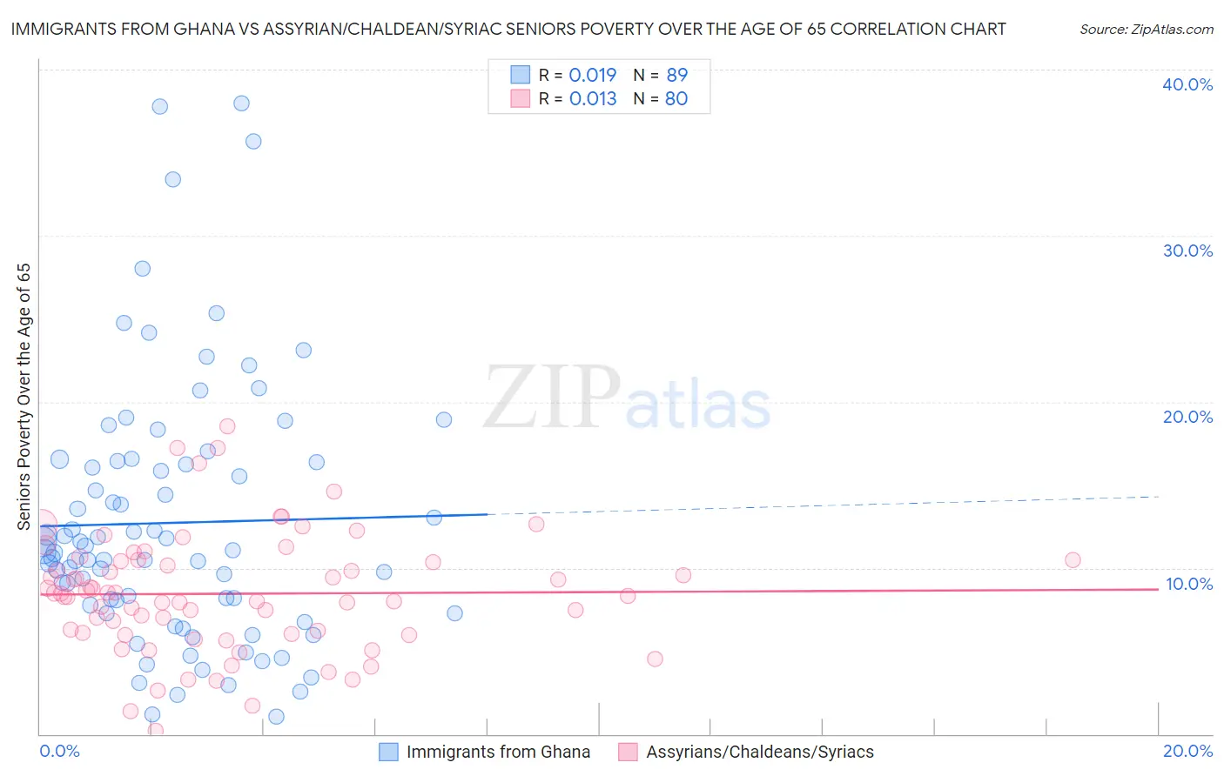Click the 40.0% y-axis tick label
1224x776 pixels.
1187,84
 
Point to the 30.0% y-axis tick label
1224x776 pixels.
1187,251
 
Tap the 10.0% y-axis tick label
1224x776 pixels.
1188,584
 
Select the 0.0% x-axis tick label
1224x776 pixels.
59,751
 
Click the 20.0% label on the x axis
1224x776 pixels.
1187,751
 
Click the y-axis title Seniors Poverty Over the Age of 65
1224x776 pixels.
24,396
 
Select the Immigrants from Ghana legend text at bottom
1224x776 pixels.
498,752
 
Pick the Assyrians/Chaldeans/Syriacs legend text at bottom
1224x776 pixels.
759,752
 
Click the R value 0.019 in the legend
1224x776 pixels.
592,75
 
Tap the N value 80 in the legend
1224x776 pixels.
676,98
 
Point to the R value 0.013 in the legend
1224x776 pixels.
592,98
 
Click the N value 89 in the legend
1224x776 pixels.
676,75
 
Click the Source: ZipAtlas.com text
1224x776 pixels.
1146,30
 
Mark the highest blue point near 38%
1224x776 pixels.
241,104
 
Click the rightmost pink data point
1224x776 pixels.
1073,560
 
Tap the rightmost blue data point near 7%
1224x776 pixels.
454,613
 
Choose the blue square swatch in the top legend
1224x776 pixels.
520,75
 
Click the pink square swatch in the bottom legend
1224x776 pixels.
628,752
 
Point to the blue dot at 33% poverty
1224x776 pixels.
172,179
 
